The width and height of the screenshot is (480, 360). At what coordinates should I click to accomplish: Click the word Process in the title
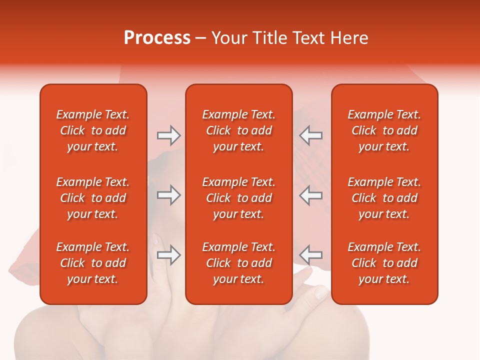[157, 38]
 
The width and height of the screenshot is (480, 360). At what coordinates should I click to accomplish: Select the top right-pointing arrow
[168, 135]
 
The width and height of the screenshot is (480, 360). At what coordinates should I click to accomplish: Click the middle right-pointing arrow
[168, 195]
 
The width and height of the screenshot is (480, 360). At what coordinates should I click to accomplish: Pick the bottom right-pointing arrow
[168, 255]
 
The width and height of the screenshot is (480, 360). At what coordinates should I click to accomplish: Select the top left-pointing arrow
[311, 135]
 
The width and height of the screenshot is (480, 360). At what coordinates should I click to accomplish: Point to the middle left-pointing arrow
[311, 195]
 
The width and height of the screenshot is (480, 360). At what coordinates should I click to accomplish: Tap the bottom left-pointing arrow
[311, 255]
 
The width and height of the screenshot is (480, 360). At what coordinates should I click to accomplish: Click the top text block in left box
[93, 130]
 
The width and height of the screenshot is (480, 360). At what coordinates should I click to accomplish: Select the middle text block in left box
[93, 198]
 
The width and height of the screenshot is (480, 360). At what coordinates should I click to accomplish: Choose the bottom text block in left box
[93, 263]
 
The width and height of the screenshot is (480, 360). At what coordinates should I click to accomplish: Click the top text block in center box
[238, 130]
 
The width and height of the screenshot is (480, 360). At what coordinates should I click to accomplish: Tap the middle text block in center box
[238, 198]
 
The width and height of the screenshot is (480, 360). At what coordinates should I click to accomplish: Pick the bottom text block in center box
[238, 263]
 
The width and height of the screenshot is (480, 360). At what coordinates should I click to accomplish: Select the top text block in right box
[384, 130]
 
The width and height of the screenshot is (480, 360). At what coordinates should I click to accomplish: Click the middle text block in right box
[384, 198]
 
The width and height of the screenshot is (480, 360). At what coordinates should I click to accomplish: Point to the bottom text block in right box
[384, 263]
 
